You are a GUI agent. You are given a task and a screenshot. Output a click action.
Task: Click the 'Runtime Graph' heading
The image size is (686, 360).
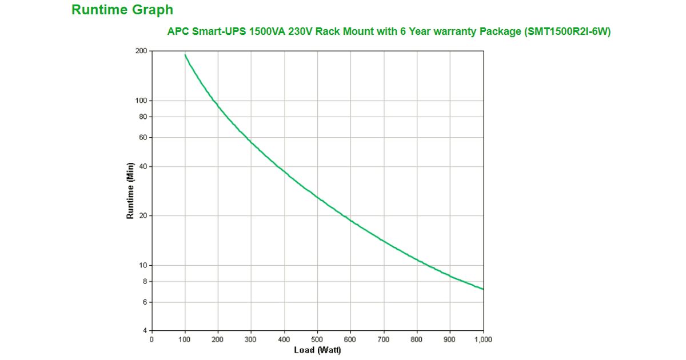click(122, 10)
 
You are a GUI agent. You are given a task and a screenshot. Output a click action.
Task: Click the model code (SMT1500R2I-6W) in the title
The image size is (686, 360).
click(567, 32)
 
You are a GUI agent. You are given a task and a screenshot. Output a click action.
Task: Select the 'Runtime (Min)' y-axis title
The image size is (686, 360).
click(130, 191)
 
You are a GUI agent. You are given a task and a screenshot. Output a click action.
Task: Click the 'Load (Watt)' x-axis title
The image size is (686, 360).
click(317, 350)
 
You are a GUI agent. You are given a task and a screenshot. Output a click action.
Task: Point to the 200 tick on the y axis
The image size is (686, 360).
click(141, 51)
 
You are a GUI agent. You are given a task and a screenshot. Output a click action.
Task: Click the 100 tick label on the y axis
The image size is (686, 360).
click(141, 101)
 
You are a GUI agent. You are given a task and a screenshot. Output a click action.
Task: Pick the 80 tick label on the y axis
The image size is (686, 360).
click(142, 117)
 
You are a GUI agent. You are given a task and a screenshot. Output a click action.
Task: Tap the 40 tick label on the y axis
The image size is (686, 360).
click(142, 166)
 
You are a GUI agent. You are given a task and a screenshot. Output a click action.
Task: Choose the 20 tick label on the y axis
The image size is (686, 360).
click(142, 216)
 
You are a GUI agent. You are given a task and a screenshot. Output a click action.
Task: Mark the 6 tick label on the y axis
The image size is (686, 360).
click(144, 302)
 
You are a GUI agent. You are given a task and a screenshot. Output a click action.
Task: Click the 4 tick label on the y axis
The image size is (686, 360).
click(144, 331)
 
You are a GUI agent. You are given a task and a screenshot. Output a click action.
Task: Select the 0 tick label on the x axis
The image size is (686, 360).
click(151, 339)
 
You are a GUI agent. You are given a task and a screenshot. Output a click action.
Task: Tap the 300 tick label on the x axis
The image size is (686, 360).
click(251, 339)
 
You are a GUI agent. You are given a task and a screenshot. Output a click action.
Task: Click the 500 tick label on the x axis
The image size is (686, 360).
click(317, 339)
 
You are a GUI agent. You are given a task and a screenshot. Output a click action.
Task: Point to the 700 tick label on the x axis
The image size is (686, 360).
click(384, 339)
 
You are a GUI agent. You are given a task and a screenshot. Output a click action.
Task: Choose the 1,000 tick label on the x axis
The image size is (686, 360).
click(483, 339)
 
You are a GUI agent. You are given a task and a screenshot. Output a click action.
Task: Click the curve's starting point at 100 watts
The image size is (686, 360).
click(185, 55)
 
